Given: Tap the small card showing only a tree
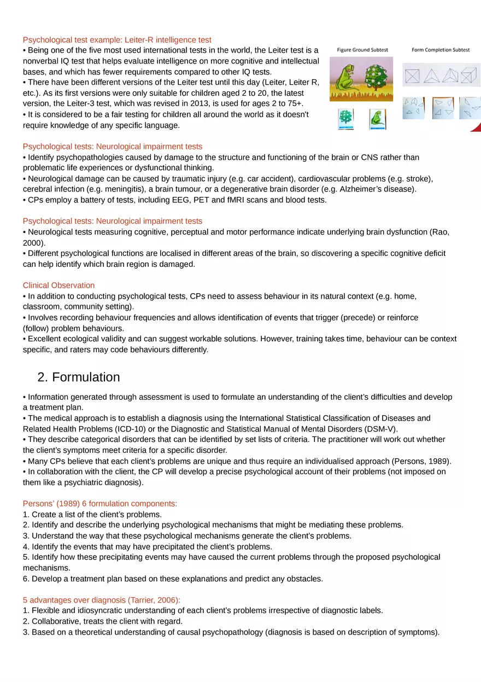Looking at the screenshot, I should click(345, 118).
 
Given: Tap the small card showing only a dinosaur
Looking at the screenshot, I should click(377, 118).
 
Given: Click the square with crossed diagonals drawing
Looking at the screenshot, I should click(413, 74).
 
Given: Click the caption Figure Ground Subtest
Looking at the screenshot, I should click(362, 50).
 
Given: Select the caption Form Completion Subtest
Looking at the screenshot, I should click(441, 50).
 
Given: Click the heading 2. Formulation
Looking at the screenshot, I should click(79, 377).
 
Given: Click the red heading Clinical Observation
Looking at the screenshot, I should click(58, 285).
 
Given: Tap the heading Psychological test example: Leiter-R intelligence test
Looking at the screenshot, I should click(117, 40).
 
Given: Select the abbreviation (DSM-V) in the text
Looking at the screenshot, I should click(381, 429).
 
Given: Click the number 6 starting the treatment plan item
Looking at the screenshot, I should click(26, 579).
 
